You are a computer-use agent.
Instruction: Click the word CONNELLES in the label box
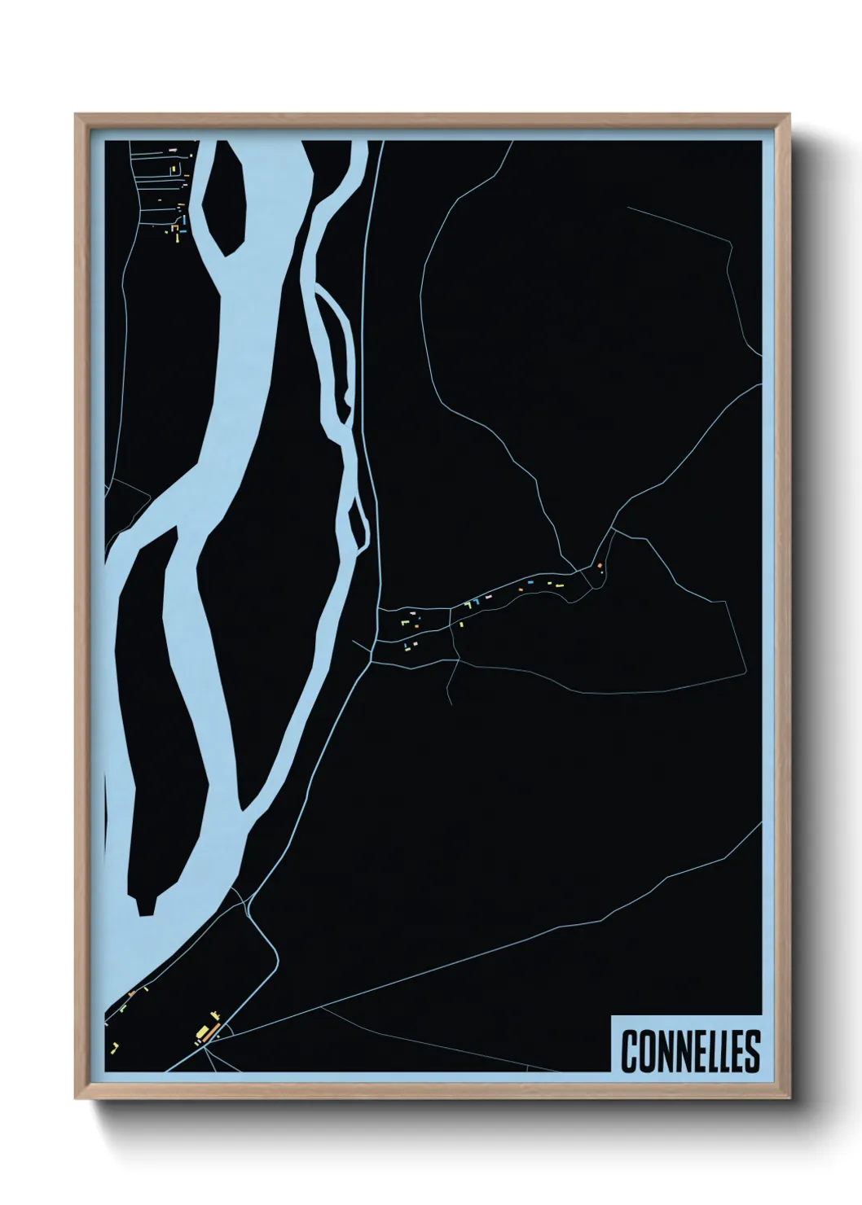pos(690,1050)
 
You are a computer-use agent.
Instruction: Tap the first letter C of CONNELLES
pos(629,1051)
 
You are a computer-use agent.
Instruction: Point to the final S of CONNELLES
pos(751,1051)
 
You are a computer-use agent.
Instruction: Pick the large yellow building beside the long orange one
pos(200,1032)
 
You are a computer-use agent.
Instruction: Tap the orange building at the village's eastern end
pos(599,565)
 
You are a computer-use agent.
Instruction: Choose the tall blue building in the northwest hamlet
pos(184,220)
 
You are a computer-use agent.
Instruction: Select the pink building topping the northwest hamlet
pos(172,150)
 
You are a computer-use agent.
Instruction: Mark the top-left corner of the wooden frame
pos(76,115)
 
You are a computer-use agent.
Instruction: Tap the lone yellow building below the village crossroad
pos(461,624)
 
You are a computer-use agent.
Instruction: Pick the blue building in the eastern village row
pos(529,584)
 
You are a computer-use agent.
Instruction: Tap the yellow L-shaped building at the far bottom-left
pos(115,1045)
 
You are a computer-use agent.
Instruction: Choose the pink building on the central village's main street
pos(488,597)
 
